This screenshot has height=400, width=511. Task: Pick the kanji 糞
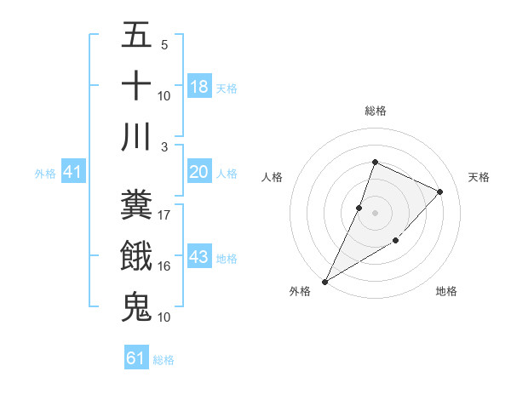[136, 205]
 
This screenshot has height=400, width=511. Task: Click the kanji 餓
[136, 256]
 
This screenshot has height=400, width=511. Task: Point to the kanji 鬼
[136, 306]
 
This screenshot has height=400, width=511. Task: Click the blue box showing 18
[199, 86]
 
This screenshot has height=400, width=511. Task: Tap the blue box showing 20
[199, 172]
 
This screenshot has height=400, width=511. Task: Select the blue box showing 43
[199, 257]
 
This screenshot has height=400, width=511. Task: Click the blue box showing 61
[136, 358]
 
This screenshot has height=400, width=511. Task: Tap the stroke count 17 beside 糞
[164, 215]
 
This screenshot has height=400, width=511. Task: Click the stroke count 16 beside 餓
[164, 266]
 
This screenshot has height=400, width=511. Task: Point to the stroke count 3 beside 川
[164, 146]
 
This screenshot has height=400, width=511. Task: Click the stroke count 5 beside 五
[164, 45]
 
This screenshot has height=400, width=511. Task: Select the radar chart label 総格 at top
[375, 111]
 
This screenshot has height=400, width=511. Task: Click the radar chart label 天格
[479, 177]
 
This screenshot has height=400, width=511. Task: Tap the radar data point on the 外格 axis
[325, 281]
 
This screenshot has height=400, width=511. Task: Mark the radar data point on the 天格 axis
[440, 191]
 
